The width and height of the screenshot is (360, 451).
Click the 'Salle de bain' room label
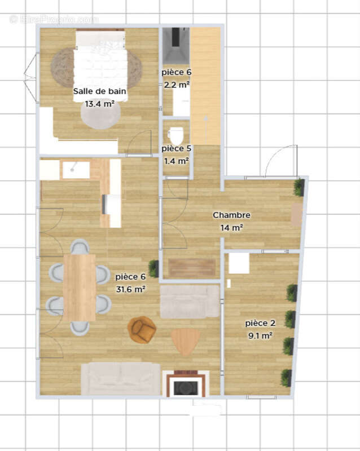(x=99, y=92)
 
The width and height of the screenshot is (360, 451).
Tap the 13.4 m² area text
(x=99, y=104)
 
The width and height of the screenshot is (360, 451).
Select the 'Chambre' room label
(x=231, y=215)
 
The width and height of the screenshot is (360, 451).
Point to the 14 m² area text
(x=231, y=228)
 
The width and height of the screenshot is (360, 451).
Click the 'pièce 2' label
(x=260, y=323)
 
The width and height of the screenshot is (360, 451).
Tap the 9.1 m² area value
(x=260, y=335)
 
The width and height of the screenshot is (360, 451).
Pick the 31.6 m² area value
(x=130, y=289)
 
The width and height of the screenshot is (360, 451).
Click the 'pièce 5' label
(x=177, y=148)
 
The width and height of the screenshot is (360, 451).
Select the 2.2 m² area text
(x=177, y=85)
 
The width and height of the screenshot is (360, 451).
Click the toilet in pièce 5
(x=177, y=135)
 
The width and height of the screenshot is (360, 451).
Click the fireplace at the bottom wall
(x=185, y=384)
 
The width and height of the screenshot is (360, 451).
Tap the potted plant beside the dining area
(x=153, y=268)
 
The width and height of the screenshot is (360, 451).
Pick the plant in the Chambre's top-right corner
(x=298, y=187)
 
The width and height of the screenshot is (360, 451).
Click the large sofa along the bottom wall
(x=121, y=378)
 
